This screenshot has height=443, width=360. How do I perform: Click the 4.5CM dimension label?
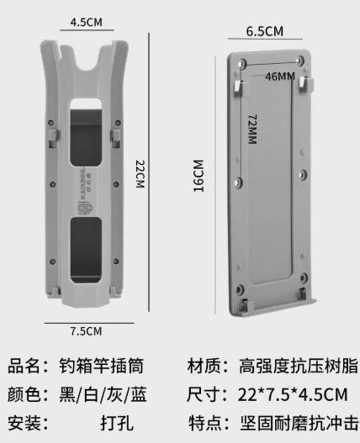[87, 23]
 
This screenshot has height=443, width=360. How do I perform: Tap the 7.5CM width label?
[86, 331]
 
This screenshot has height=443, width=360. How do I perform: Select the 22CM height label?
[140, 174]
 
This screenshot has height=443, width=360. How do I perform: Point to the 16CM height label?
[199, 176]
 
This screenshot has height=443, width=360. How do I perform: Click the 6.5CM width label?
[265, 31]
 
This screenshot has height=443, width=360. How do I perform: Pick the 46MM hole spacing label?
[280, 76]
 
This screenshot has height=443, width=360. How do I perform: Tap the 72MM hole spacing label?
[252, 129]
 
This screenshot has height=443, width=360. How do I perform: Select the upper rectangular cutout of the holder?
[86, 132]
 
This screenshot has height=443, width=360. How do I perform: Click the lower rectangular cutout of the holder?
[86, 250]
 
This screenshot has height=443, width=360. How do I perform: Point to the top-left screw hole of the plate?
[242, 63]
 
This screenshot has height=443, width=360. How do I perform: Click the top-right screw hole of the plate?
[300, 61]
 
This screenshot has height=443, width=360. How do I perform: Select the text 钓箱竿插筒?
[102, 366]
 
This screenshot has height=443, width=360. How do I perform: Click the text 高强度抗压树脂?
[299, 366]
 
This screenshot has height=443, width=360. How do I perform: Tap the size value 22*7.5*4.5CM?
[293, 395]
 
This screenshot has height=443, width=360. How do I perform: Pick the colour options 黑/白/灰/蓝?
[103, 394]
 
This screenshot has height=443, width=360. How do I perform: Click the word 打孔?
[117, 423]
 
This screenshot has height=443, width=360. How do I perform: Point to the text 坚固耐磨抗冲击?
[299, 423]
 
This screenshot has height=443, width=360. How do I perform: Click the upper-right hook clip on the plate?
[306, 84]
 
